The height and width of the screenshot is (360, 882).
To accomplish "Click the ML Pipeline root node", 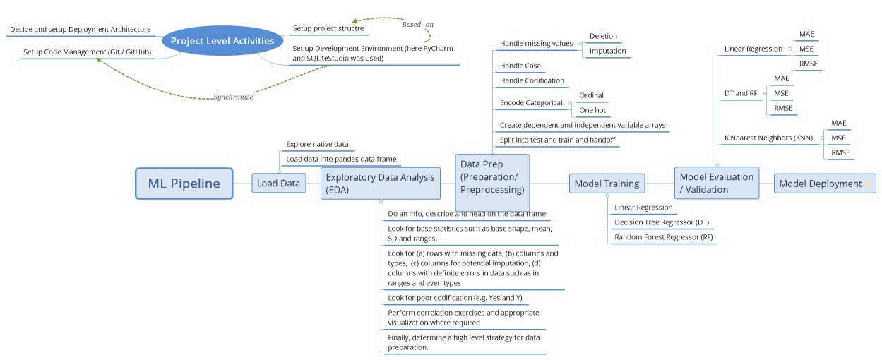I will [x=184, y=184].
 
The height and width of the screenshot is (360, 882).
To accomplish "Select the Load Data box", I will [x=278, y=184].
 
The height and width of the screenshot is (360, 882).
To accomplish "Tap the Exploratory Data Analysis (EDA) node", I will [x=381, y=184].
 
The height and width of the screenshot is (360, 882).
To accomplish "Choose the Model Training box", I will [x=607, y=184].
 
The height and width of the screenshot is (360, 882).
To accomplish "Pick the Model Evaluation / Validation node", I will [x=716, y=183].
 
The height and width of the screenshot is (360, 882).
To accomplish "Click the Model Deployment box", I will [x=824, y=184].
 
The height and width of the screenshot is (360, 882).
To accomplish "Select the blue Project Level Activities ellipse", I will [x=222, y=41].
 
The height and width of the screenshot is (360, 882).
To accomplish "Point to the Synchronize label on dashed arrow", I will [x=233, y=97].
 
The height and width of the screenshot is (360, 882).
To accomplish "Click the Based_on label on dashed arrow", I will [x=417, y=25].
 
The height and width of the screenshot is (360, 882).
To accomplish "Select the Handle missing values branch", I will [x=536, y=44].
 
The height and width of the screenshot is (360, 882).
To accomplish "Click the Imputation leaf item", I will [x=607, y=51].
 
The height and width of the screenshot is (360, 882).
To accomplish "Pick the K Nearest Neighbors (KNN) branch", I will [x=768, y=138].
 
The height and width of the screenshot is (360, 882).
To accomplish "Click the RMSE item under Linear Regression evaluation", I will [x=808, y=64].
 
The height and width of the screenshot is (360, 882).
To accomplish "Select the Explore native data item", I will [x=317, y=144].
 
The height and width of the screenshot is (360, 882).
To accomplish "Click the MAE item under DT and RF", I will [x=782, y=78].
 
